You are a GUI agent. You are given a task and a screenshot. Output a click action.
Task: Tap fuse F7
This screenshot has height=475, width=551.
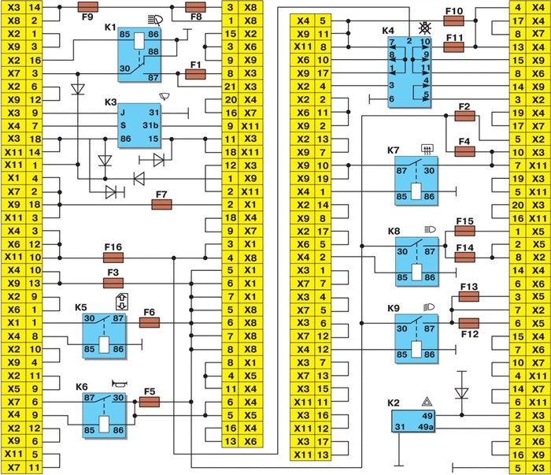click(162, 204)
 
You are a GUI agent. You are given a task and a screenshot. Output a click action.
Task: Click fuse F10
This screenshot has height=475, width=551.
click(455, 20)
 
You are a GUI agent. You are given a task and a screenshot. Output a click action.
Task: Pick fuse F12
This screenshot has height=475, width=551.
click(469, 322)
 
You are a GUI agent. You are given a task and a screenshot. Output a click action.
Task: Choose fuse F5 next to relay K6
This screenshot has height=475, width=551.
click(150, 402)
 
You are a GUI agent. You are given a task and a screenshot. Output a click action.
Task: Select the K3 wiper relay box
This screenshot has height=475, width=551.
click(139, 127)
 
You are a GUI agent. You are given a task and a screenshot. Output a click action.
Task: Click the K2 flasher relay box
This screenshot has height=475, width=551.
click(416, 421)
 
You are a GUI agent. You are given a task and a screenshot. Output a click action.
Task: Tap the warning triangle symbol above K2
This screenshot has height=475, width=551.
click(425, 402)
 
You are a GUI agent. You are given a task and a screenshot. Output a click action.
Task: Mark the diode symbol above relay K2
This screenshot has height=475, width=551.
click(462, 392)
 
